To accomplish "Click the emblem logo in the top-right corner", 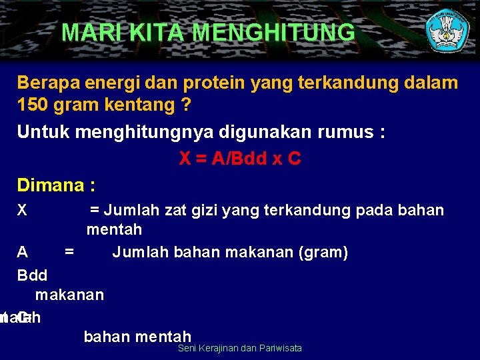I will (x=447, y=30).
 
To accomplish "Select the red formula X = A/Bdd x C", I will (x=240, y=159).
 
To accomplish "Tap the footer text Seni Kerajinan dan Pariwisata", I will (x=240, y=348).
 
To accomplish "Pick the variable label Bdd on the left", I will (x=32, y=275).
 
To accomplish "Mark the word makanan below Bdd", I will (x=69, y=295).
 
